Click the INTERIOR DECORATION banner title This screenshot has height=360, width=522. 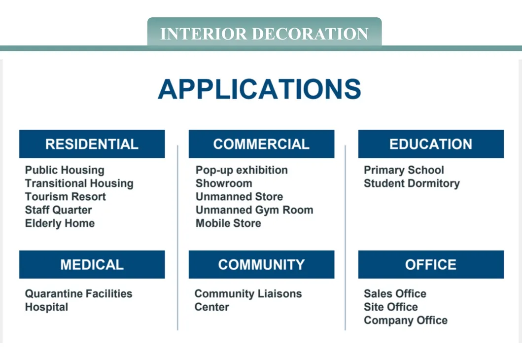click(x=264, y=34)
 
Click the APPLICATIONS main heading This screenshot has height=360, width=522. click(x=260, y=89)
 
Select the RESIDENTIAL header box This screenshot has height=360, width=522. click(x=92, y=144)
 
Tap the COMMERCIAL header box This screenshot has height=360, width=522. click(x=261, y=144)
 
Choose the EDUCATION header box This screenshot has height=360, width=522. click(x=431, y=144)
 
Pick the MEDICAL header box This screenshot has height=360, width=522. click(x=92, y=264)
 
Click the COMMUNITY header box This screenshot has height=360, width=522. click(x=261, y=264)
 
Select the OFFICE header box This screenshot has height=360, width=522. click(x=431, y=264)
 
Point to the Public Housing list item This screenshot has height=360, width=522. click(x=65, y=170)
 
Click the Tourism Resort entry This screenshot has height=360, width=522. click(x=65, y=197)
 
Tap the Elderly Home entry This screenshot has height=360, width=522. click(x=60, y=223)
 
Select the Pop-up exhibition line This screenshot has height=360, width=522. click(x=242, y=170)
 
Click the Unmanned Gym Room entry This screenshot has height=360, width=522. click(x=254, y=210)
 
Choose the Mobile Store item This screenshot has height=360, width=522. click(x=228, y=223)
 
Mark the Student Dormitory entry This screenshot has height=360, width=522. click(x=412, y=183)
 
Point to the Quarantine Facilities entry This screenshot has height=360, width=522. click(x=78, y=294)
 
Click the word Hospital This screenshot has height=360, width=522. click(x=46, y=307)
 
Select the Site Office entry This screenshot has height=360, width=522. click(x=390, y=307)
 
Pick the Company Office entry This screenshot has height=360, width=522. click(x=406, y=321)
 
